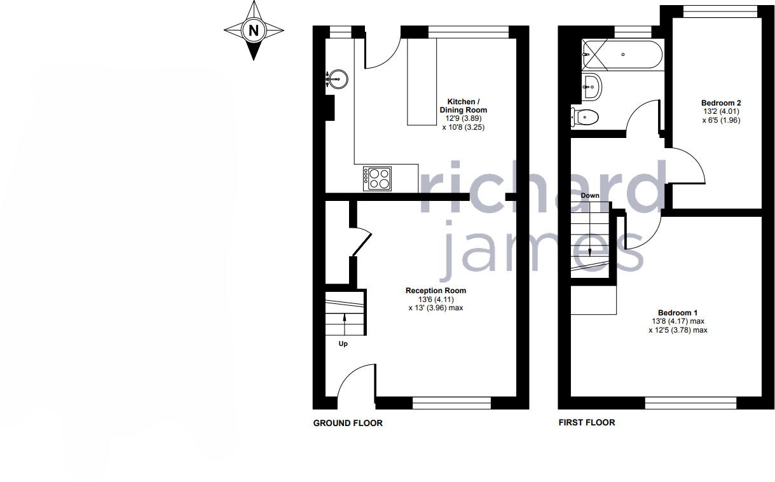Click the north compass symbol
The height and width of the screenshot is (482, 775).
(254, 30)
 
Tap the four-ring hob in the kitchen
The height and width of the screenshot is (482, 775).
(377, 177)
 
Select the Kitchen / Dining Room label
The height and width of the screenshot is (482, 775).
(463, 106)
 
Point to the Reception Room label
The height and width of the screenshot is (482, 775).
(436, 291)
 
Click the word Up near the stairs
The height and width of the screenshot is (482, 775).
(343, 344)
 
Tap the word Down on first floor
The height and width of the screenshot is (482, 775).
(590, 195)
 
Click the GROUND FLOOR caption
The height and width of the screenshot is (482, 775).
(348, 423)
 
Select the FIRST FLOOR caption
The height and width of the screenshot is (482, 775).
(586, 422)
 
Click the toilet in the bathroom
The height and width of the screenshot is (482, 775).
(586, 117)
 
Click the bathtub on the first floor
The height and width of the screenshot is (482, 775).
(623, 54)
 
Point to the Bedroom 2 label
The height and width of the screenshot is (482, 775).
(721, 102)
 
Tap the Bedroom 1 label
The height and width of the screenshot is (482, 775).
(678, 313)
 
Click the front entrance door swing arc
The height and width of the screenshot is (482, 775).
(355, 381)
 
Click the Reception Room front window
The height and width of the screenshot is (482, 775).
(451, 402)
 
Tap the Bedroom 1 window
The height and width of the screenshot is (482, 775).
(690, 403)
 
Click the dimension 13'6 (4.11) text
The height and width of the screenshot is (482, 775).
(436, 299)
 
